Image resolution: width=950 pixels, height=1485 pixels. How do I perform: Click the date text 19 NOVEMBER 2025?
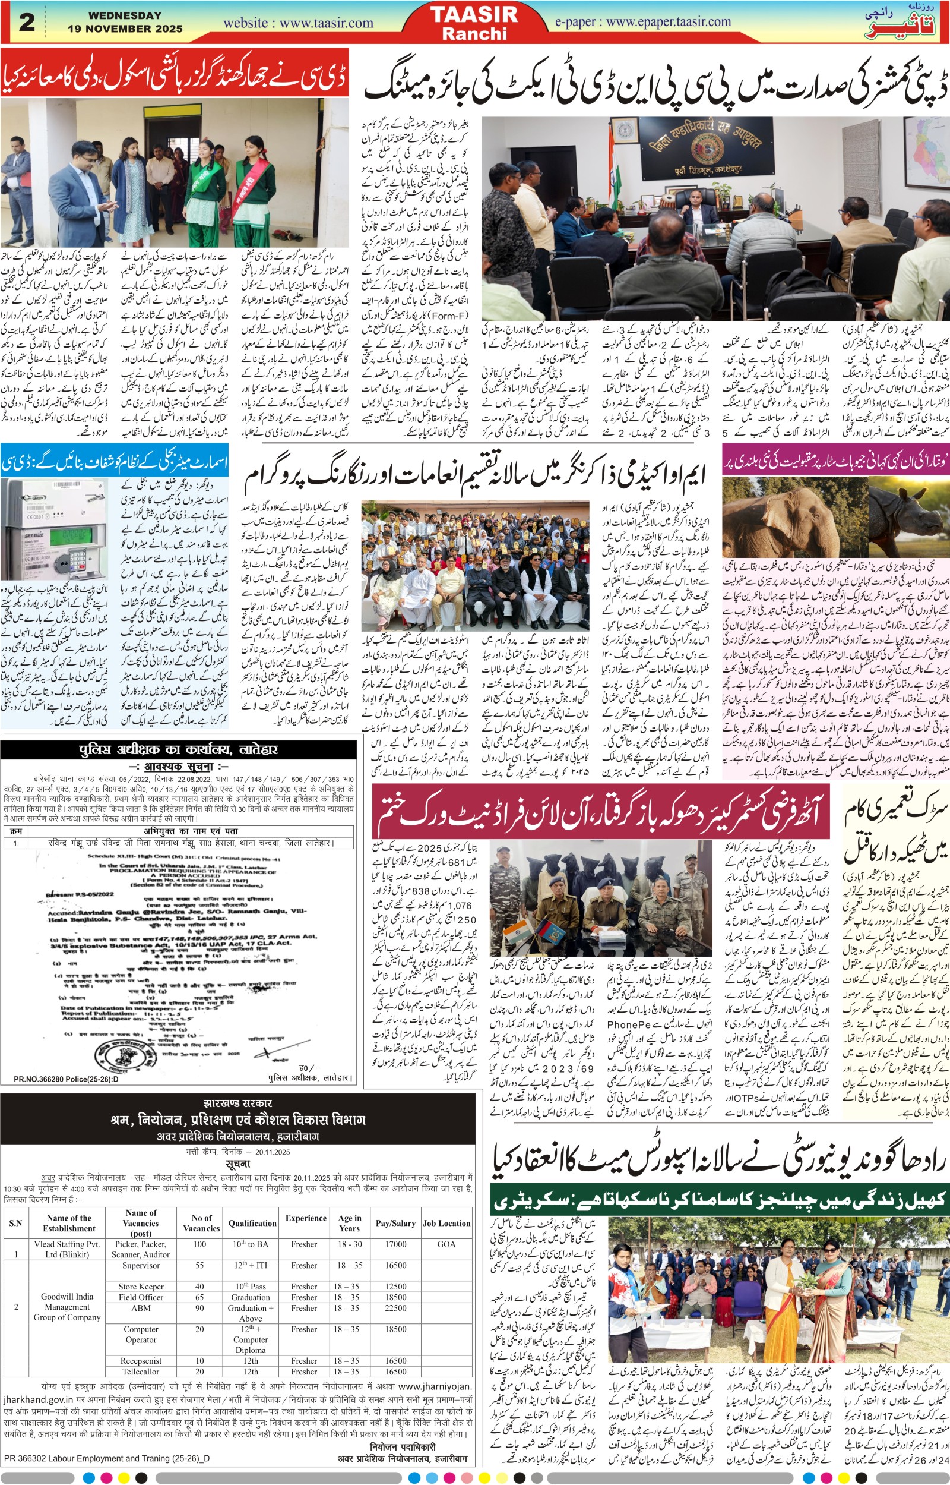tap(125, 29)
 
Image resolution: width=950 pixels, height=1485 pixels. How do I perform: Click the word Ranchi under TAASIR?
tap(474, 33)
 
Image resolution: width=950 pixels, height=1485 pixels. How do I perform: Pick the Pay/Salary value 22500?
tap(395, 1291)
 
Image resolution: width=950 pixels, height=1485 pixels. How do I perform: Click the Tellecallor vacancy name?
tap(141, 1372)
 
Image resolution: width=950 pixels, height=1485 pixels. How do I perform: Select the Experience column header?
tap(306, 1201)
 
